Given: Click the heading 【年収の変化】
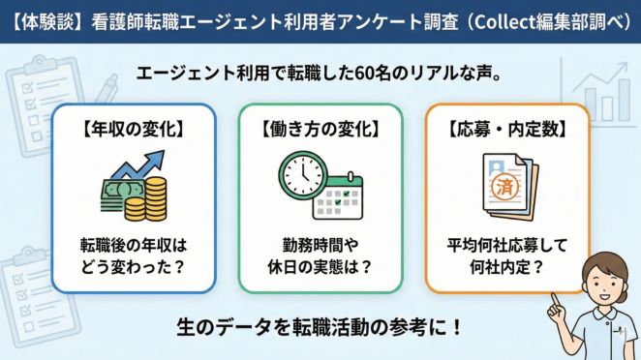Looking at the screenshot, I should [132, 127].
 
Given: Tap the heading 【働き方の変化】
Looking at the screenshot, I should [320, 127].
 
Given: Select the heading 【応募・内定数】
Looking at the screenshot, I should [507, 127].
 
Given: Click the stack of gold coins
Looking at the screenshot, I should [147, 198].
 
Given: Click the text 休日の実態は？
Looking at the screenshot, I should [320, 265].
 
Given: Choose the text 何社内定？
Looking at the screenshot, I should [507, 265].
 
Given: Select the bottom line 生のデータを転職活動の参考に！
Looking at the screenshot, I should [320, 325].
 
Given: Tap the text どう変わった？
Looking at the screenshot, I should [132, 265].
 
